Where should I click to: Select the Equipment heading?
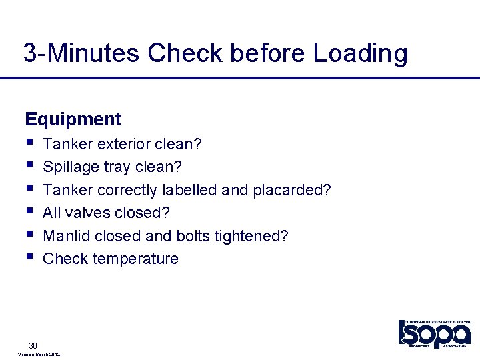pyautogui.click(x=73, y=119)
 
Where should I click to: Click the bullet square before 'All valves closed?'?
pyautogui.click(x=28, y=211)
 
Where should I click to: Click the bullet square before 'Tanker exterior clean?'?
pyautogui.click(x=28, y=142)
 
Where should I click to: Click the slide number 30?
pyautogui.click(x=33, y=345)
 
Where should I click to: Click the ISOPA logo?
pyautogui.click(x=434, y=333)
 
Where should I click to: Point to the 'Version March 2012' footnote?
pyautogui.click(x=37, y=355)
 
